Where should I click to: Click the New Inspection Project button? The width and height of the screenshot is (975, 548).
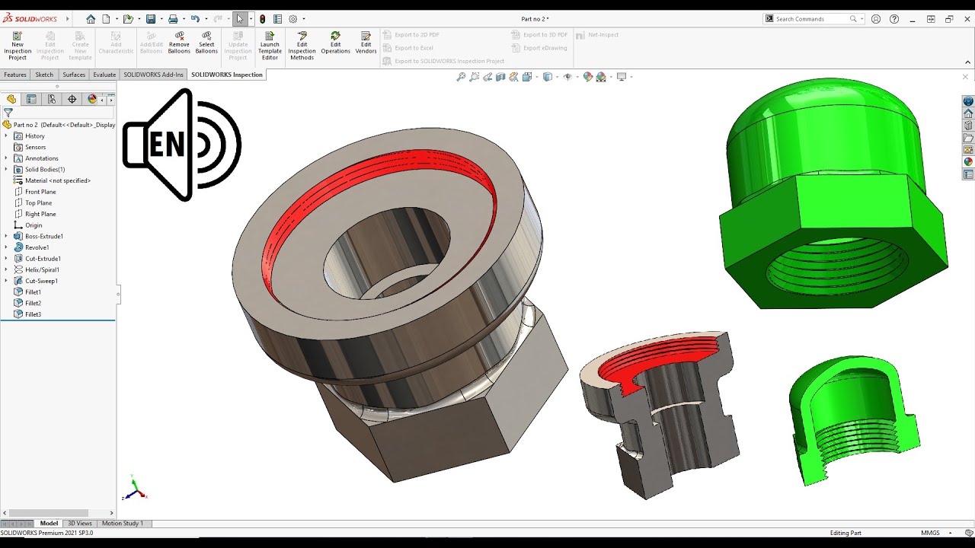pyautogui.click(x=18, y=46)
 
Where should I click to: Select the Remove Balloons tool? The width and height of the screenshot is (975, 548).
pyautogui.click(x=179, y=43)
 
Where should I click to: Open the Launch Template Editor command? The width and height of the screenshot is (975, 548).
pyautogui.click(x=270, y=46)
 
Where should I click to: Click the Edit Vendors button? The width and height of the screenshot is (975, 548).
pyautogui.click(x=366, y=43)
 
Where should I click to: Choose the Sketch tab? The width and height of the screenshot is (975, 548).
pyautogui.click(x=44, y=75)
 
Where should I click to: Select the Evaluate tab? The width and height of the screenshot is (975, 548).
pyautogui.click(x=104, y=75)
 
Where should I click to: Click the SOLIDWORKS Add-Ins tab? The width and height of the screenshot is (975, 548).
pyautogui.click(x=153, y=75)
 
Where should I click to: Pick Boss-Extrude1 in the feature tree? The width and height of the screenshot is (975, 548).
pyautogui.click(x=43, y=237)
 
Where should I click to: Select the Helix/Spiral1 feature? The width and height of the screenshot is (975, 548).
pyautogui.click(x=42, y=270)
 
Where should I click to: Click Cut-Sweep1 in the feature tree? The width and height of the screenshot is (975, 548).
pyautogui.click(x=41, y=282)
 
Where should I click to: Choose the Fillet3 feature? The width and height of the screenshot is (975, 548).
pyautogui.click(x=33, y=315)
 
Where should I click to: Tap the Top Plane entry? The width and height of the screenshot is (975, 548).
pyautogui.click(x=38, y=203)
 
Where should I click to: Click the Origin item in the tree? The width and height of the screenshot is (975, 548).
pyautogui.click(x=34, y=225)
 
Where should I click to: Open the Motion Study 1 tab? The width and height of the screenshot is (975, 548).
pyautogui.click(x=122, y=524)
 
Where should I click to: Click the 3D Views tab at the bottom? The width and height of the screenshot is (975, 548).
pyautogui.click(x=80, y=524)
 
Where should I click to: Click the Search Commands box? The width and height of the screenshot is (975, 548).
pyautogui.click(x=811, y=19)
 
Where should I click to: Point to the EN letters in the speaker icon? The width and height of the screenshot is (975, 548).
pyautogui.click(x=166, y=145)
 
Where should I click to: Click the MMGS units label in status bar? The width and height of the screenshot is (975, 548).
pyautogui.click(x=930, y=534)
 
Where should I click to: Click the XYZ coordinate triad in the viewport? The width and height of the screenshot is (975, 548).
pyautogui.click(x=135, y=489)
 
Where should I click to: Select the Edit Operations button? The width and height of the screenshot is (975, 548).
pyautogui.click(x=335, y=43)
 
